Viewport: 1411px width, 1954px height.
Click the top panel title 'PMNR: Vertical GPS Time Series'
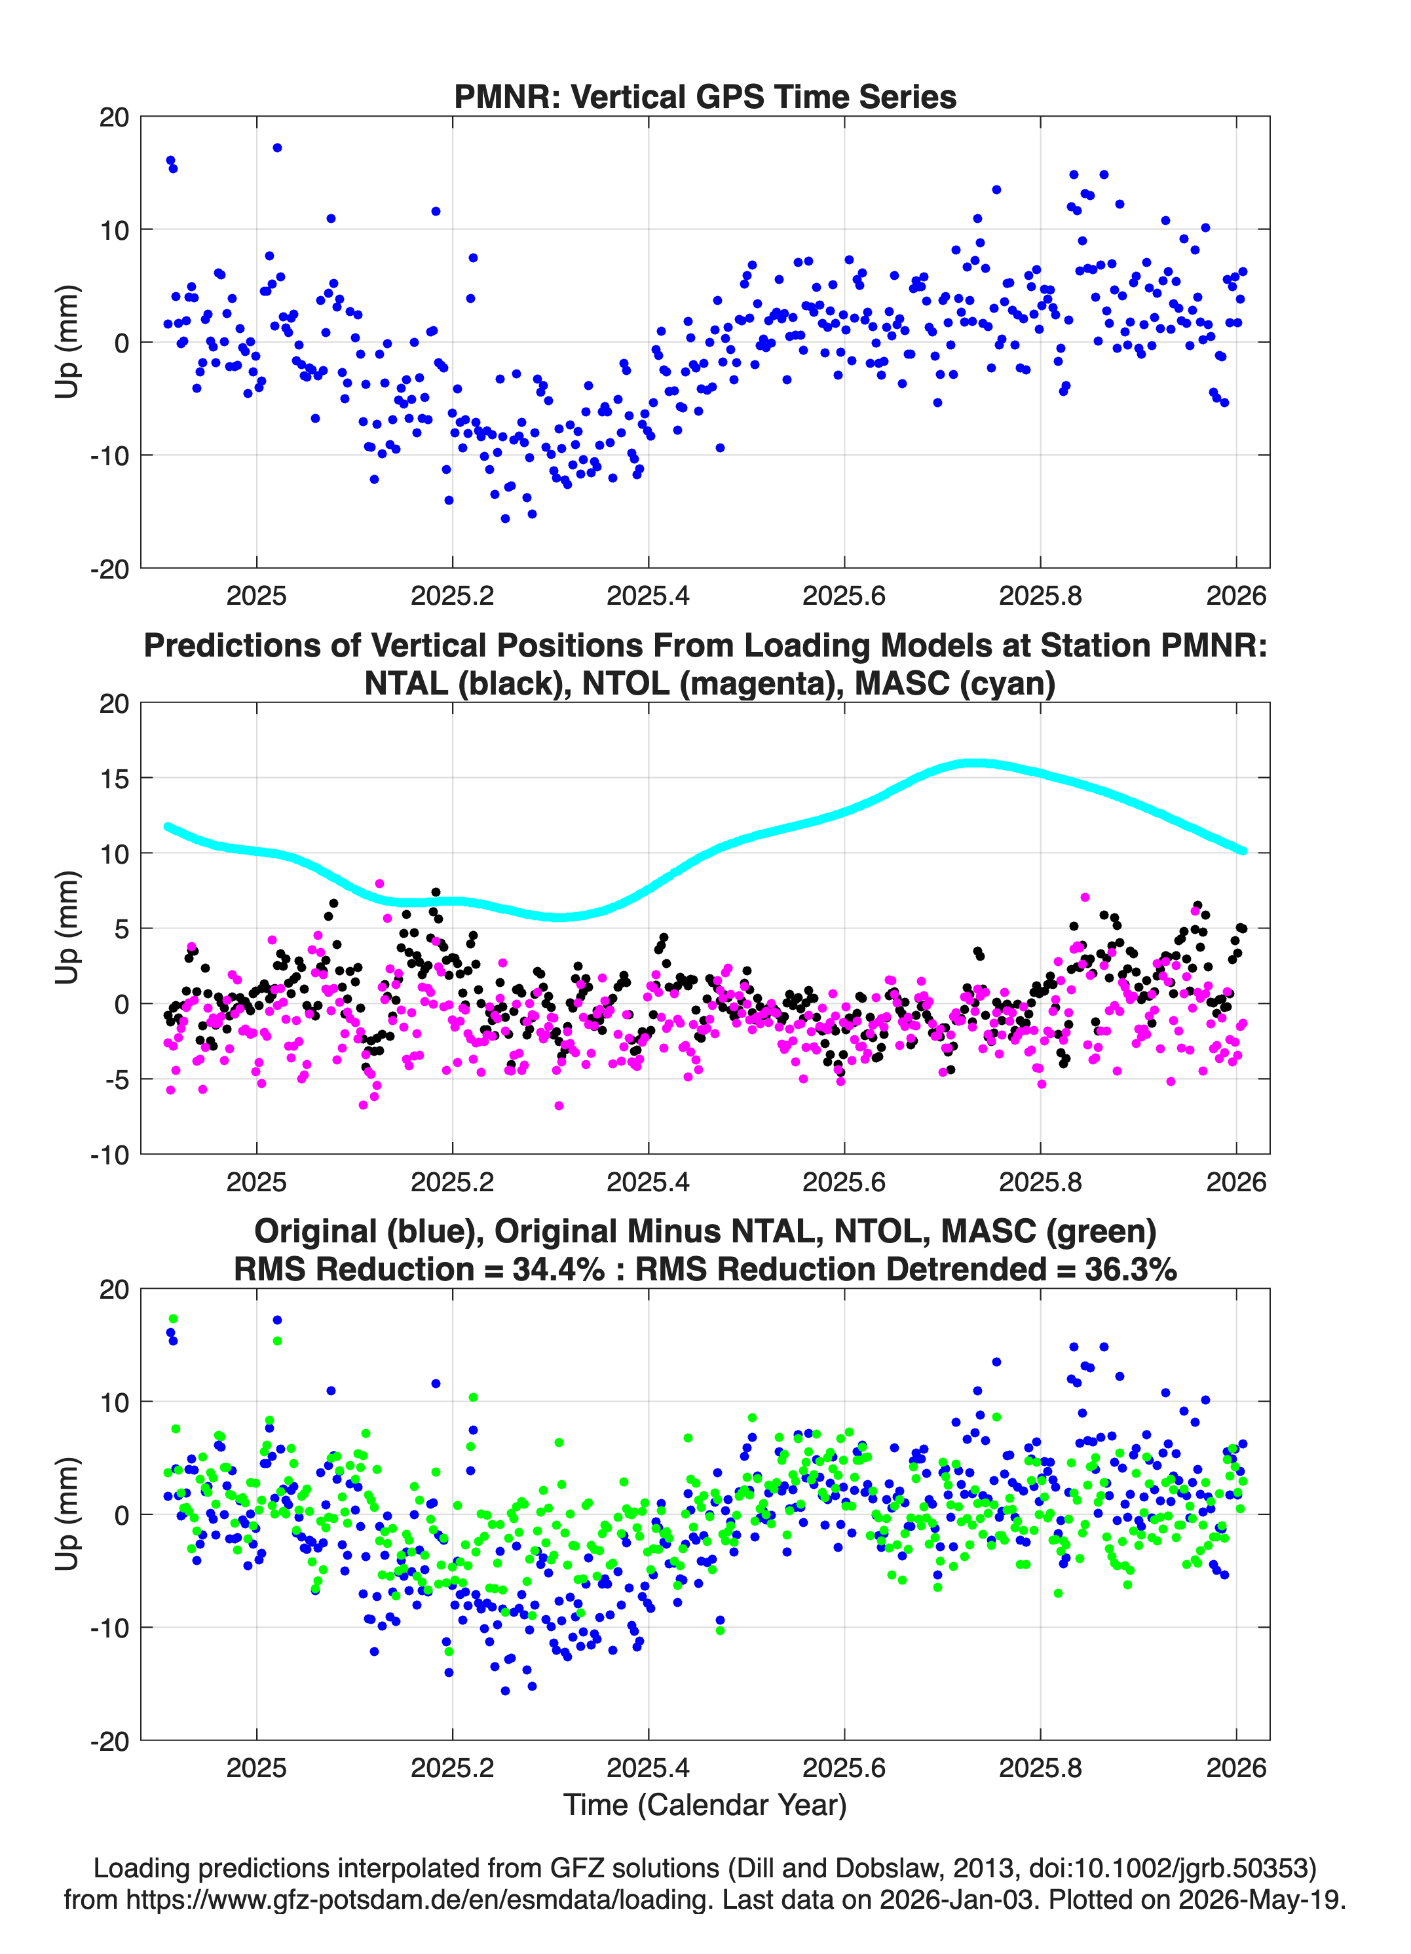pyautogui.click(x=705, y=96)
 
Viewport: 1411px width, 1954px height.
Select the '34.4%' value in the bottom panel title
pyautogui.click(x=558, y=1269)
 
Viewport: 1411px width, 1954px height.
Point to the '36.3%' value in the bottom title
pyautogui.click(x=1130, y=1269)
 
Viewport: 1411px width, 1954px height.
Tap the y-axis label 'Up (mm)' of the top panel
pyautogui.click(x=67, y=342)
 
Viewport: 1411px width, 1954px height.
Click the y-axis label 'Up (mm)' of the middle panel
pyautogui.click(x=67, y=928)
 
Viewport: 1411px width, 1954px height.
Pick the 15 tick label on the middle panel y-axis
pyautogui.click(x=114, y=778)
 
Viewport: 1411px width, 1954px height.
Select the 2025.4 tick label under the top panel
pyautogui.click(x=648, y=596)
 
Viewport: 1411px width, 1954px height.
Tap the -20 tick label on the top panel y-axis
pyautogui.click(x=109, y=569)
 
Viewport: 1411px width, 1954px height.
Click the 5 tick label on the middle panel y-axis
pyautogui.click(x=121, y=929)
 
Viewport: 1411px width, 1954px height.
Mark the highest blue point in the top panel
pyautogui.click(x=277, y=148)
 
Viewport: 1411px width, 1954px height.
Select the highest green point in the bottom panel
pyautogui.click(x=173, y=1319)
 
